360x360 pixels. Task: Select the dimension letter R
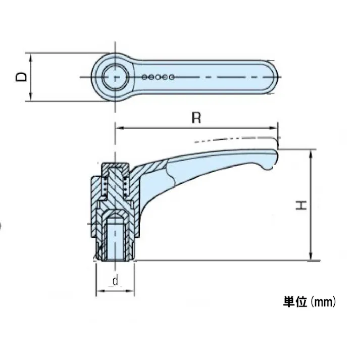(196, 118)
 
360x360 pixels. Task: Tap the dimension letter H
(301, 205)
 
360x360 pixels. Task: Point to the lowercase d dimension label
(115, 281)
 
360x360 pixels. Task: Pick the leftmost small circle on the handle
(145, 77)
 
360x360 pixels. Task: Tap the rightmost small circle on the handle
(172, 77)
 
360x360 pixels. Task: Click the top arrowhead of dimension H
(312, 153)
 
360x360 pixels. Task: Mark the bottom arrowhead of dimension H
(312, 257)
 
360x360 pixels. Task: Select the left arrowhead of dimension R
(120, 128)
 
